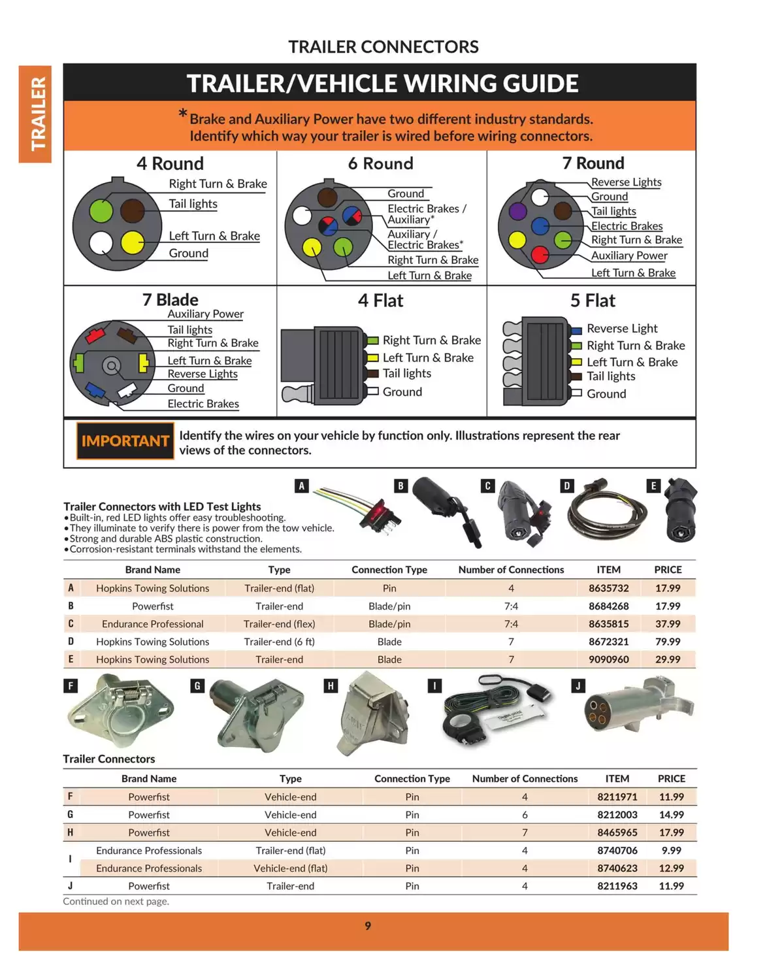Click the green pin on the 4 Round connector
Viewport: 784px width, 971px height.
coord(101,210)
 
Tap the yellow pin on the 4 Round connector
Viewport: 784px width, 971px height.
coord(133,242)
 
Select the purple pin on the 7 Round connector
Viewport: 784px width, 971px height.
coord(517,210)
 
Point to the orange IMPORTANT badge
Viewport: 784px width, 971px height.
coord(125,441)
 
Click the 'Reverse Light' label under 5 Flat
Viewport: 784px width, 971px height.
coord(621,328)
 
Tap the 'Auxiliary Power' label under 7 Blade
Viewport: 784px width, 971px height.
coord(205,314)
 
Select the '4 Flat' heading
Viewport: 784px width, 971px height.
coord(380,301)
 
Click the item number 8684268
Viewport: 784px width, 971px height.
coord(608,606)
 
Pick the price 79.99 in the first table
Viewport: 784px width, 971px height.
coord(668,642)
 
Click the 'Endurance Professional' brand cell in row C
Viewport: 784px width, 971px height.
coord(152,624)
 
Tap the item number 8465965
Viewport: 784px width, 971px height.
coord(617,832)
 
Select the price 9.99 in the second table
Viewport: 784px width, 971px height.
coord(671,850)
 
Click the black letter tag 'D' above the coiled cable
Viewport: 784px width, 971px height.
coord(567,485)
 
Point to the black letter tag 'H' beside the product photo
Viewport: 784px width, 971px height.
coord(331,685)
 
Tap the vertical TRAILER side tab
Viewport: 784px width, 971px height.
coord(35,114)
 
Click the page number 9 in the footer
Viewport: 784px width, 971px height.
coord(368,925)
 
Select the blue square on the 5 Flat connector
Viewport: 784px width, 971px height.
coord(576,331)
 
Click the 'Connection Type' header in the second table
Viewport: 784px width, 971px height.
coord(412,778)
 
